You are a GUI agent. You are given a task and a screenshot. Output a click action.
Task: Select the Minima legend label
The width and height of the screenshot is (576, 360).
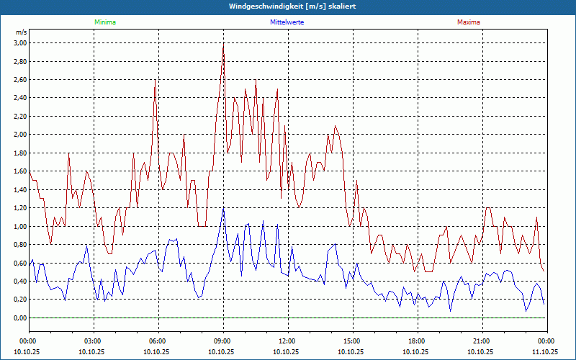(x=104, y=22)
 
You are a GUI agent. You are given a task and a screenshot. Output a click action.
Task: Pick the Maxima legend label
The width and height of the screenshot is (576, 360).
(x=467, y=22)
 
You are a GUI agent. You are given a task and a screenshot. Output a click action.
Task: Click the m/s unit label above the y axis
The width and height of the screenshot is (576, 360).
(x=21, y=32)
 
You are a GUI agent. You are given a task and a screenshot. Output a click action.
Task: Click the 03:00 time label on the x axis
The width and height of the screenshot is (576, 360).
(x=93, y=341)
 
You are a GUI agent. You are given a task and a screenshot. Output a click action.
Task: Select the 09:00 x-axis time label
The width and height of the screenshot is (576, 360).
(x=222, y=341)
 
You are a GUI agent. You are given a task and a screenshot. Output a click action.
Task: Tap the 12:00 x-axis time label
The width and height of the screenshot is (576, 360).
(x=287, y=341)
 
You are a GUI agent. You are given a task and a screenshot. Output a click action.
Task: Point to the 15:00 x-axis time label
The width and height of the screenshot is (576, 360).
(x=352, y=341)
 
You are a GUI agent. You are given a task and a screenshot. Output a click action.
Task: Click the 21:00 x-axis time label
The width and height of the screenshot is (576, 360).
(x=482, y=341)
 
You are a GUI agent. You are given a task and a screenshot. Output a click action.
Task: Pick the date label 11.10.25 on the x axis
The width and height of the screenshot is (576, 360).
(x=545, y=352)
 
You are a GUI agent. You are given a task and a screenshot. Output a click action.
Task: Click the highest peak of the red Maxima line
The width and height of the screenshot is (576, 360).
(x=223, y=45)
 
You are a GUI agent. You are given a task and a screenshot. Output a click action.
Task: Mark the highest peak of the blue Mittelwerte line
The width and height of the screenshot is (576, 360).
(x=223, y=208)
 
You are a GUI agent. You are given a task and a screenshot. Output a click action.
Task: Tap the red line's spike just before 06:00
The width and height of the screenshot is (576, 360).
(x=155, y=81)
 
